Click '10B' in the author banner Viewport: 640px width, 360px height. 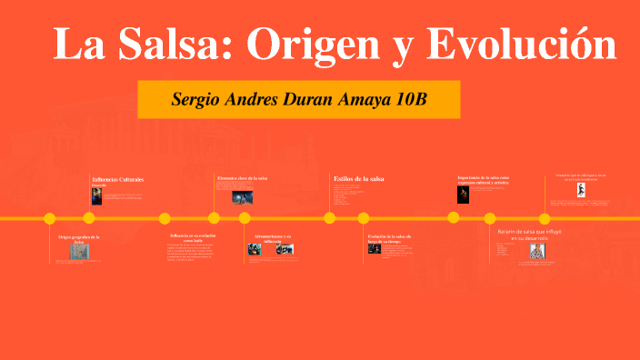point(409,99)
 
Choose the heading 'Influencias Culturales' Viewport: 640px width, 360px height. point(118,180)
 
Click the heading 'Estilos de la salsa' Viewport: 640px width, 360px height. point(359,179)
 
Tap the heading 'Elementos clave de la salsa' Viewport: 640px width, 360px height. point(243,178)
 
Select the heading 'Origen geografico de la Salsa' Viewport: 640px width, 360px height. point(79,239)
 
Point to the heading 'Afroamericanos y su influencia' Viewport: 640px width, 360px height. point(273,238)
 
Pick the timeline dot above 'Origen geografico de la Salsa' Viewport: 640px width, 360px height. point(50,218)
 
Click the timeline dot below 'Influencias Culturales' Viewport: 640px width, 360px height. point(89,218)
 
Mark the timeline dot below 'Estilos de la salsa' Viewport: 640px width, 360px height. point(330,218)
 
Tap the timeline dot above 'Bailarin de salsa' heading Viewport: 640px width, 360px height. point(490,218)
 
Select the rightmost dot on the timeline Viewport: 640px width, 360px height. point(545,218)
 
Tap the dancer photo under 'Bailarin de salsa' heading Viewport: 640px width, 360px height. point(537,253)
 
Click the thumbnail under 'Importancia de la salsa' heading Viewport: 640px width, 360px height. point(463,194)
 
